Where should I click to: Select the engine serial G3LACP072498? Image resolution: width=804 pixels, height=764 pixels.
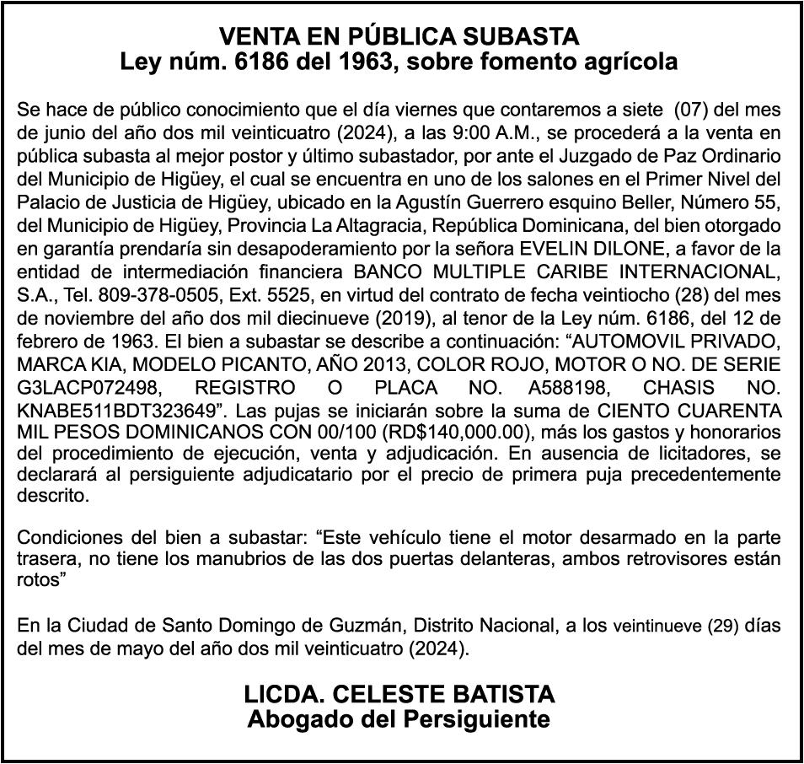tap(91, 388)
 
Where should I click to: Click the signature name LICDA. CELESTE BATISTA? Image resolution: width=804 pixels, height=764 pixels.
tap(400, 695)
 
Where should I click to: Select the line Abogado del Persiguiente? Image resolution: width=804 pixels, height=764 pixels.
tap(400, 719)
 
